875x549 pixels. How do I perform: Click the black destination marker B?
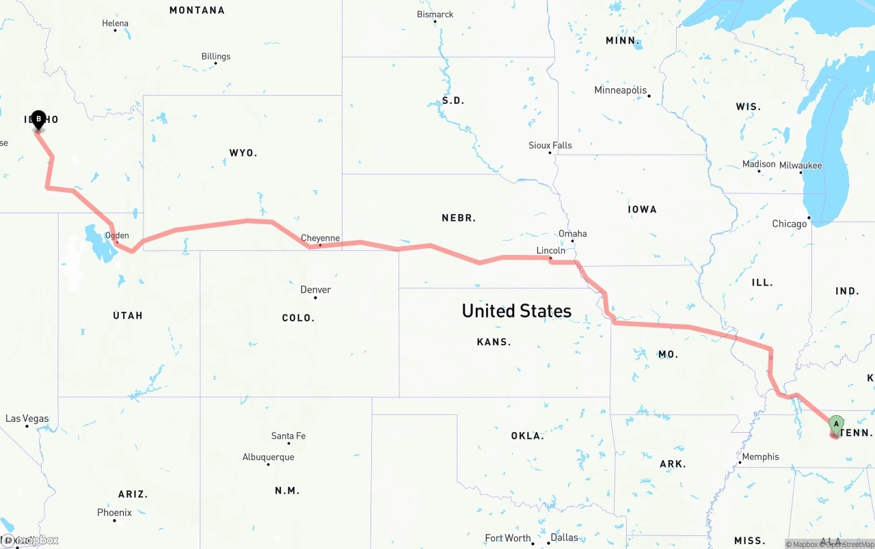[38, 120]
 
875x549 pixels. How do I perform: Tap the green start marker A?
[836, 424]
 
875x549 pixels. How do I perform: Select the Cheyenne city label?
[320, 238]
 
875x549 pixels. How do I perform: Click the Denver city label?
[315, 290]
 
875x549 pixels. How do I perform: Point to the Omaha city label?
[572, 234]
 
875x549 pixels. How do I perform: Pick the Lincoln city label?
[550, 250]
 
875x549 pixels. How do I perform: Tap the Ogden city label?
[117, 236]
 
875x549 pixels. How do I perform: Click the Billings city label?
[215, 57]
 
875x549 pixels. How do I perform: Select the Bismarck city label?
[435, 14]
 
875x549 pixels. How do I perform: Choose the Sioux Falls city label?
[550, 146]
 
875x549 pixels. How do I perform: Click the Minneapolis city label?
[620, 90]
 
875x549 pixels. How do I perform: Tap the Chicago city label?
[789, 224]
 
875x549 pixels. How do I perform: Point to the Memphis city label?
[760, 457]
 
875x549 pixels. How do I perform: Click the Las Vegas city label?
[27, 418]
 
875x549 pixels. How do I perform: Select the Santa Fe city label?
[288, 436]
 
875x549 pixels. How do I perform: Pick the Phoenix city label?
[114, 512]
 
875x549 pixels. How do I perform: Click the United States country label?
[516, 311]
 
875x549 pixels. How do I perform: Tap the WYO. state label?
[243, 153]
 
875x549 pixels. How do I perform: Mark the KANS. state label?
[494, 342]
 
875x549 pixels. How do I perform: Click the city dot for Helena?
[116, 31]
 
